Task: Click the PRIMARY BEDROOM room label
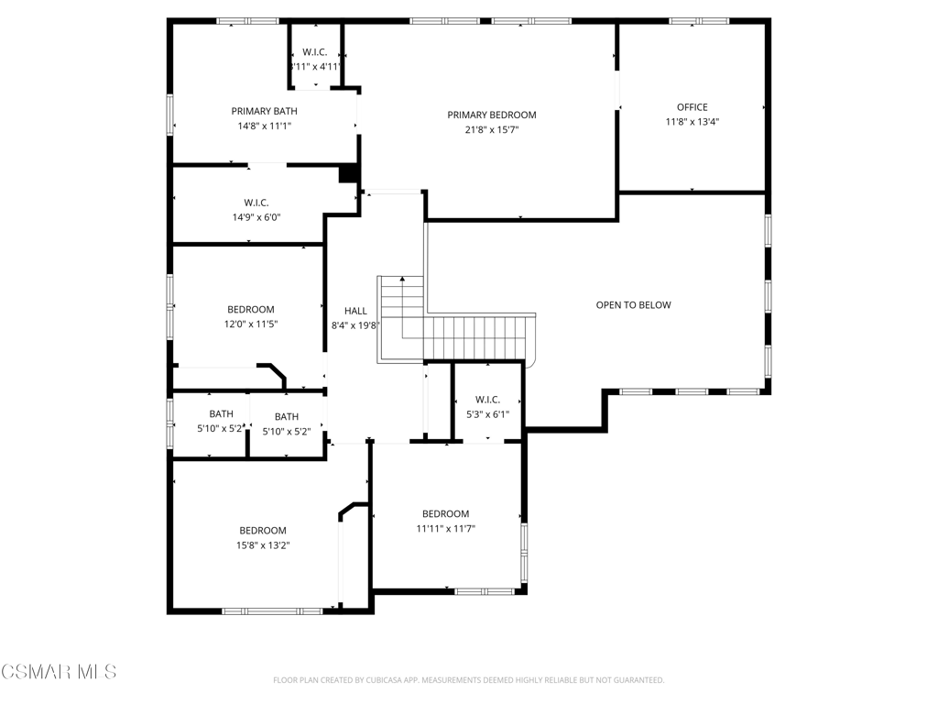492,115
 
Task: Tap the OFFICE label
693,107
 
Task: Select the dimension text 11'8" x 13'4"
693,122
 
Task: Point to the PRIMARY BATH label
265,111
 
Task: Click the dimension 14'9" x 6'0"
256,217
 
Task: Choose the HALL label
355,311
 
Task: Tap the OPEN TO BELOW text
634,304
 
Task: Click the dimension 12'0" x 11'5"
251,324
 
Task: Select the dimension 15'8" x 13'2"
263,544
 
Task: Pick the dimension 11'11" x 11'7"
446,528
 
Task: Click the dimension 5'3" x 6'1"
487,413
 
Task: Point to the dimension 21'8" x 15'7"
492,129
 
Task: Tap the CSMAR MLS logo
59,672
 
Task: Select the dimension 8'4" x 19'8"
355,325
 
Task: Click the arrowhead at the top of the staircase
403,279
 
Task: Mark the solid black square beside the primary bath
348,173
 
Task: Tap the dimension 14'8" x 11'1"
265,126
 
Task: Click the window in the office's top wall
699,22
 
